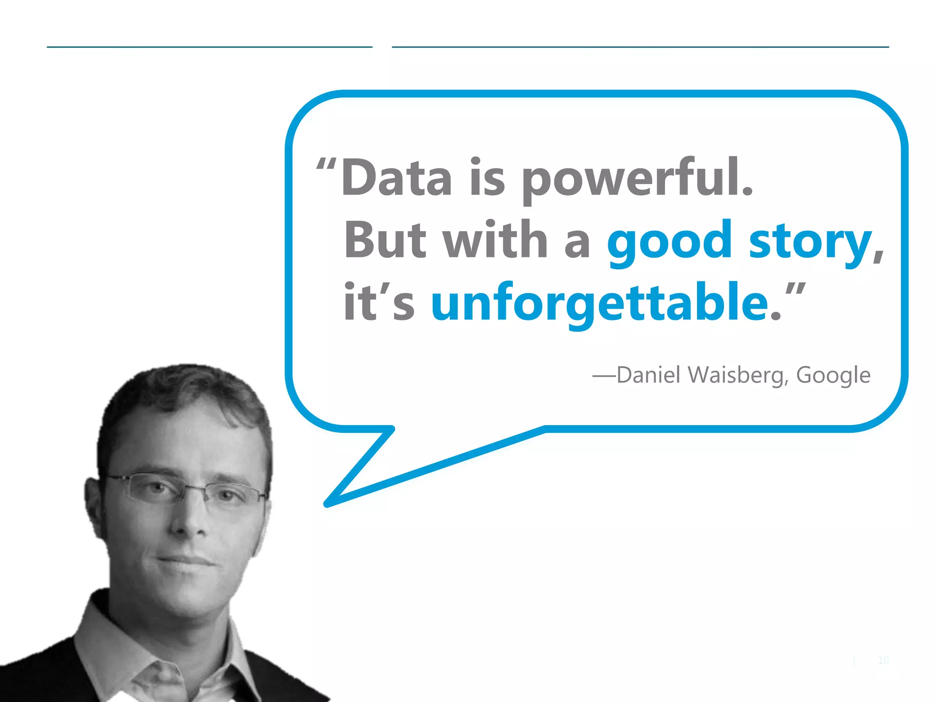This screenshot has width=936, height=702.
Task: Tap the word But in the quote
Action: click(x=385, y=240)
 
